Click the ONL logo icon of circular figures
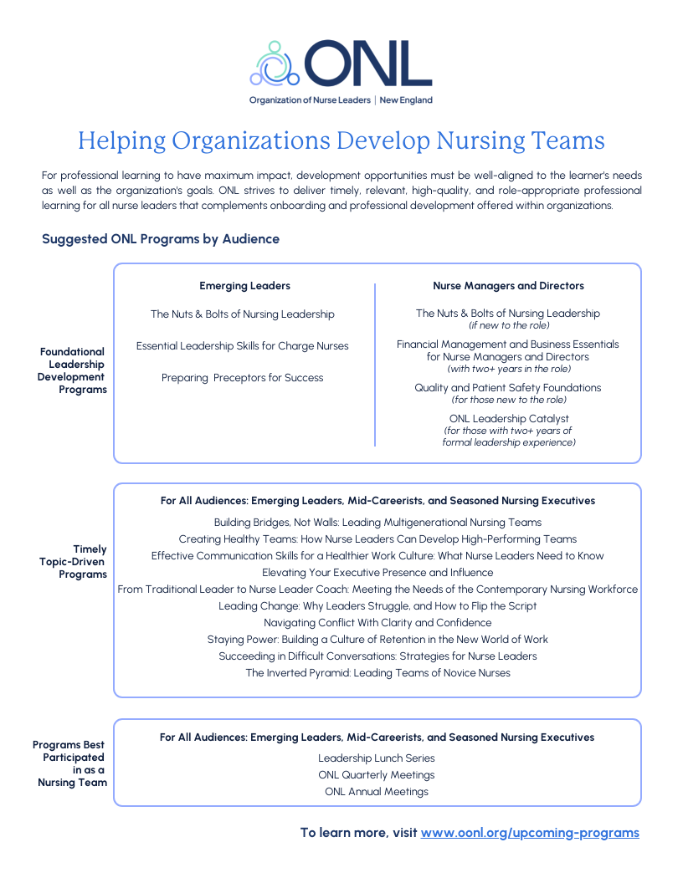[x=275, y=64]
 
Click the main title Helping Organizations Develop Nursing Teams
[x=341, y=140]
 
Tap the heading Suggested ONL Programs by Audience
[x=161, y=239]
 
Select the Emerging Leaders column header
[x=244, y=286]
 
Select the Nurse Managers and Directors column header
[x=508, y=286]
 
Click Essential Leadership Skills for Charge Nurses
[x=243, y=346]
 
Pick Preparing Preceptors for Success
[x=243, y=378]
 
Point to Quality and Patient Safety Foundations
[x=508, y=388]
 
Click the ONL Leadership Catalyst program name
[x=508, y=419]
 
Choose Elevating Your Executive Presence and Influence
[x=377, y=573]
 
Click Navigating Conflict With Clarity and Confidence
[x=377, y=623]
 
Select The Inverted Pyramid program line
[x=377, y=673]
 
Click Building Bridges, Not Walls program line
[x=377, y=523]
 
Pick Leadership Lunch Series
[x=377, y=758]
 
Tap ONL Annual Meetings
[x=377, y=792]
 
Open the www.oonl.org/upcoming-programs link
[x=530, y=833]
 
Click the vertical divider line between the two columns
[x=375, y=365]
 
